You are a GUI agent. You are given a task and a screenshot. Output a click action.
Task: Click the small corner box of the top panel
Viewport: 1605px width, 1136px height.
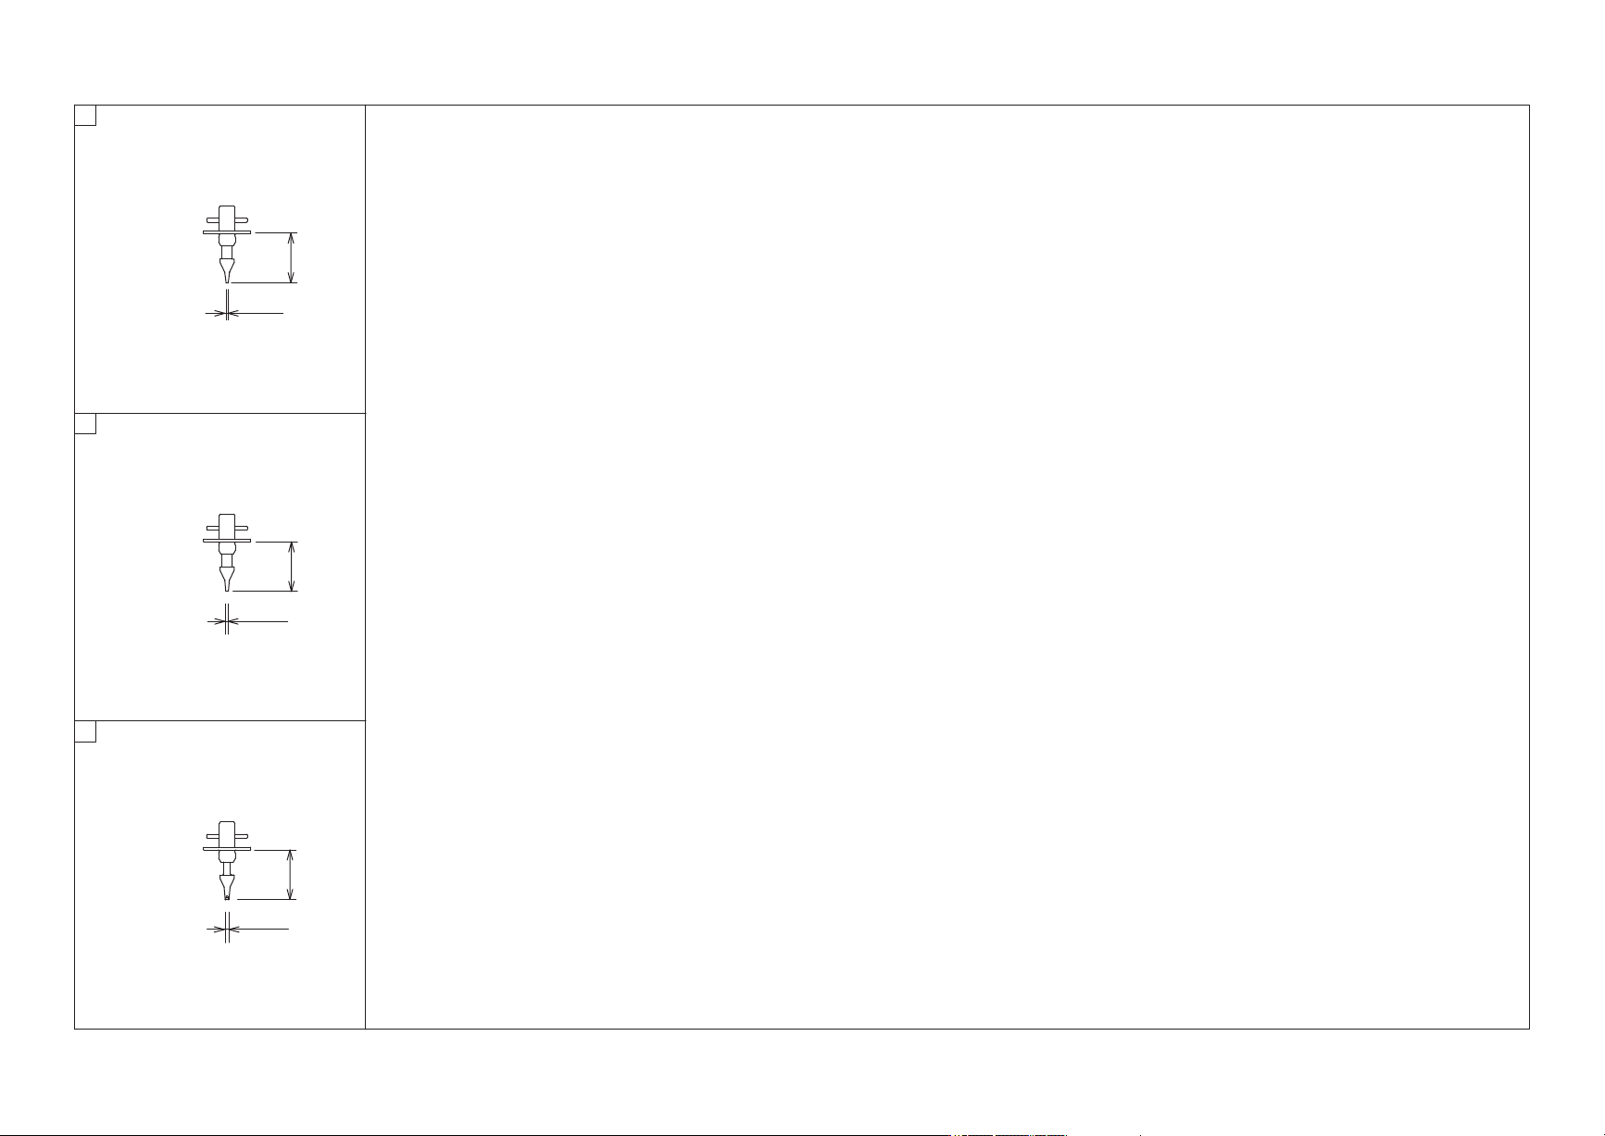pyautogui.click(x=85, y=116)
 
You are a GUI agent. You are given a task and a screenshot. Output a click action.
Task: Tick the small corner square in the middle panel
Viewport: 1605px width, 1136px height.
pyautogui.click(x=85, y=424)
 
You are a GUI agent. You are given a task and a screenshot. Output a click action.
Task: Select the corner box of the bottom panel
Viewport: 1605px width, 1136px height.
pyautogui.click(x=85, y=731)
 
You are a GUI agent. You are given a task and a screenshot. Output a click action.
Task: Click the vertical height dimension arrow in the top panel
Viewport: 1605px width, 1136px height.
pyautogui.click(x=292, y=257)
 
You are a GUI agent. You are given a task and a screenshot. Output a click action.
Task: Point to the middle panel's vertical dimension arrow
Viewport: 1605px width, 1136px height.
pyautogui.click(x=292, y=566)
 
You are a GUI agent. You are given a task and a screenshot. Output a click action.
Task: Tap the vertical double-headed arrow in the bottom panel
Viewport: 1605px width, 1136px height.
pyautogui.click(x=292, y=874)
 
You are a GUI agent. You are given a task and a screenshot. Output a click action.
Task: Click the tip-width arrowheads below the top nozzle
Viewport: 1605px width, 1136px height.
pyautogui.click(x=227, y=314)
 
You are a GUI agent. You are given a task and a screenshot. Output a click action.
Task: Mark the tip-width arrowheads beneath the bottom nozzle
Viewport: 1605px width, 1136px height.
pyautogui.click(x=227, y=929)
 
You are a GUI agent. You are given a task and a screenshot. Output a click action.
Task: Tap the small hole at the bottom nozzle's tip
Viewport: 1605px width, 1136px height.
pyautogui.click(x=227, y=895)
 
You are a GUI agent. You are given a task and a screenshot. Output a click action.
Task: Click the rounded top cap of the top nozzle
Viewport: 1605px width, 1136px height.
pyautogui.click(x=227, y=210)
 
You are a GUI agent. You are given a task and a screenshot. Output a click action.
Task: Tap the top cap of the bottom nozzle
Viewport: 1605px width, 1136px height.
pyautogui.click(x=227, y=826)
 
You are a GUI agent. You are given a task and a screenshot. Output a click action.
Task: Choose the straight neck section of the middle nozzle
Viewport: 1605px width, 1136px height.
pyautogui.click(x=227, y=559)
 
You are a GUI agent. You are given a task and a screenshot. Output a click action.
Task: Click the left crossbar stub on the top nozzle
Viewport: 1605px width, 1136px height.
pyautogui.click(x=213, y=220)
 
